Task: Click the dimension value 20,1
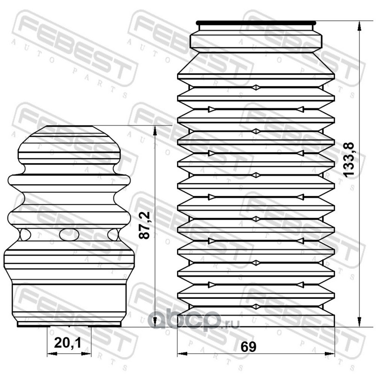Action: [x=68, y=343]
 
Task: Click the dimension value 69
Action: [x=249, y=346]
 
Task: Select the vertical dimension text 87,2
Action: [x=145, y=225]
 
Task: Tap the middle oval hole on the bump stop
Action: [x=69, y=235]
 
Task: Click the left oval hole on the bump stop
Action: [x=25, y=235]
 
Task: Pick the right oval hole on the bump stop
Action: [x=113, y=235]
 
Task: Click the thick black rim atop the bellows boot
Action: [x=256, y=23]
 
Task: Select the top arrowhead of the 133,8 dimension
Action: [x=359, y=26]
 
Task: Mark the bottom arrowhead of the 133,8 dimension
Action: [x=359, y=322]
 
